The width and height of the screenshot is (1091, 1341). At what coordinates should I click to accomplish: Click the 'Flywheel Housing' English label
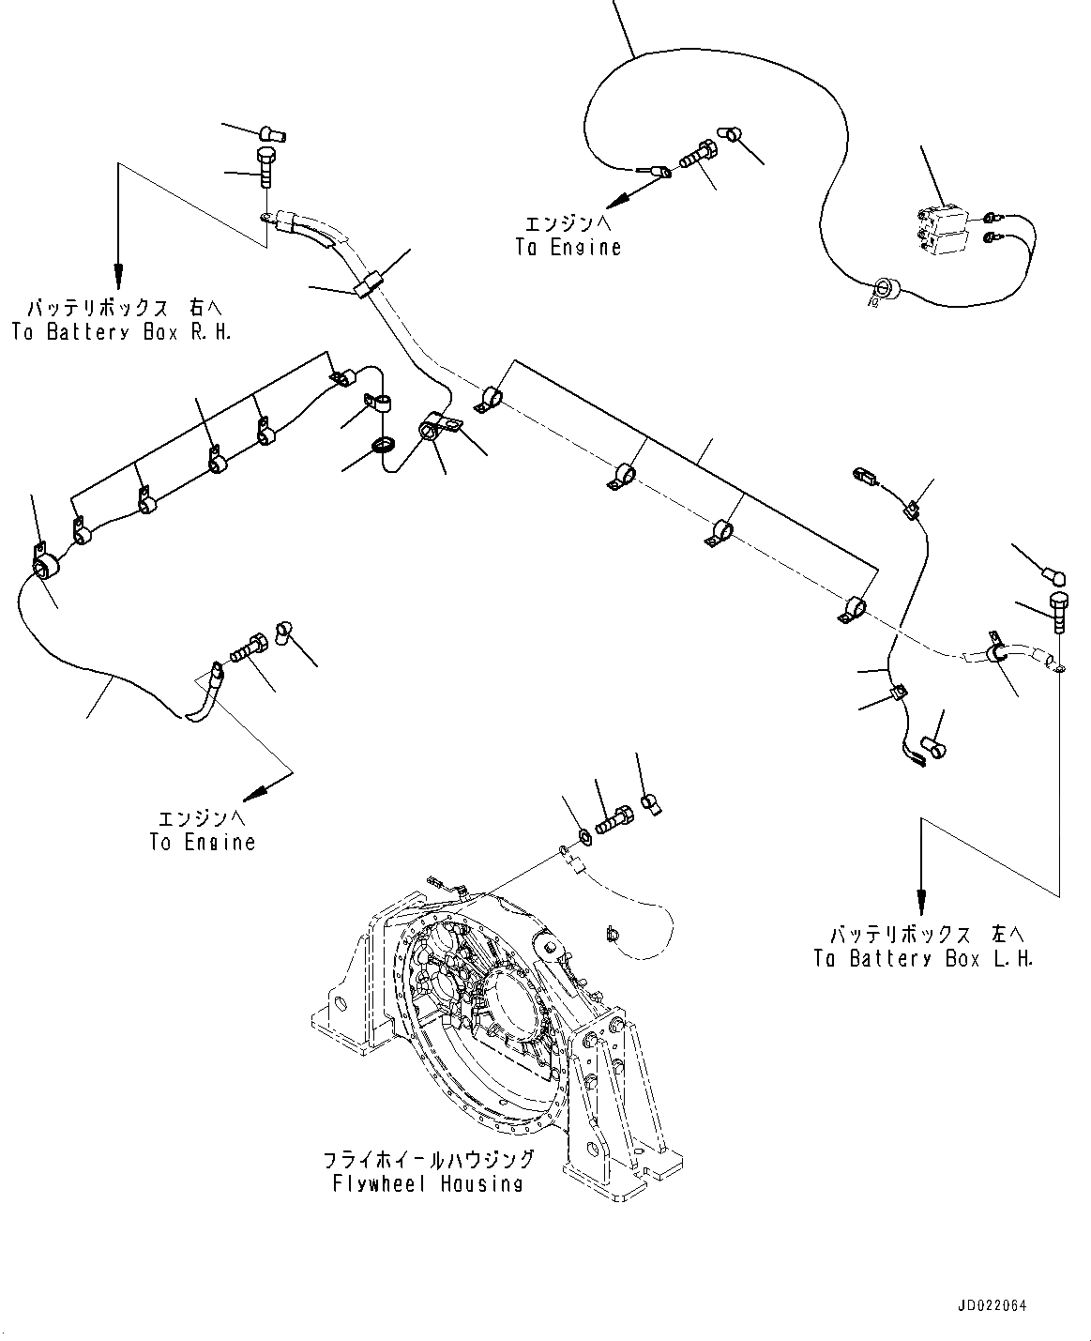(x=427, y=1183)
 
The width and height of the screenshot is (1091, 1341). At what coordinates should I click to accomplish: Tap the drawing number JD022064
(x=993, y=1305)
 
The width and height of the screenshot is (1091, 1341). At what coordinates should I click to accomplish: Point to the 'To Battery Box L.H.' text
(x=923, y=959)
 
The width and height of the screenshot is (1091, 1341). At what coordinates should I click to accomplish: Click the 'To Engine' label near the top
(x=568, y=248)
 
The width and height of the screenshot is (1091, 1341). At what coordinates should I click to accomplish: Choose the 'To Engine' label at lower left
(x=202, y=842)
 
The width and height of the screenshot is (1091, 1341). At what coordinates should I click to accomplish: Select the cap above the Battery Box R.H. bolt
(x=274, y=134)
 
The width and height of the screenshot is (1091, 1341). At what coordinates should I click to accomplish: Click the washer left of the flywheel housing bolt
(x=584, y=831)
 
